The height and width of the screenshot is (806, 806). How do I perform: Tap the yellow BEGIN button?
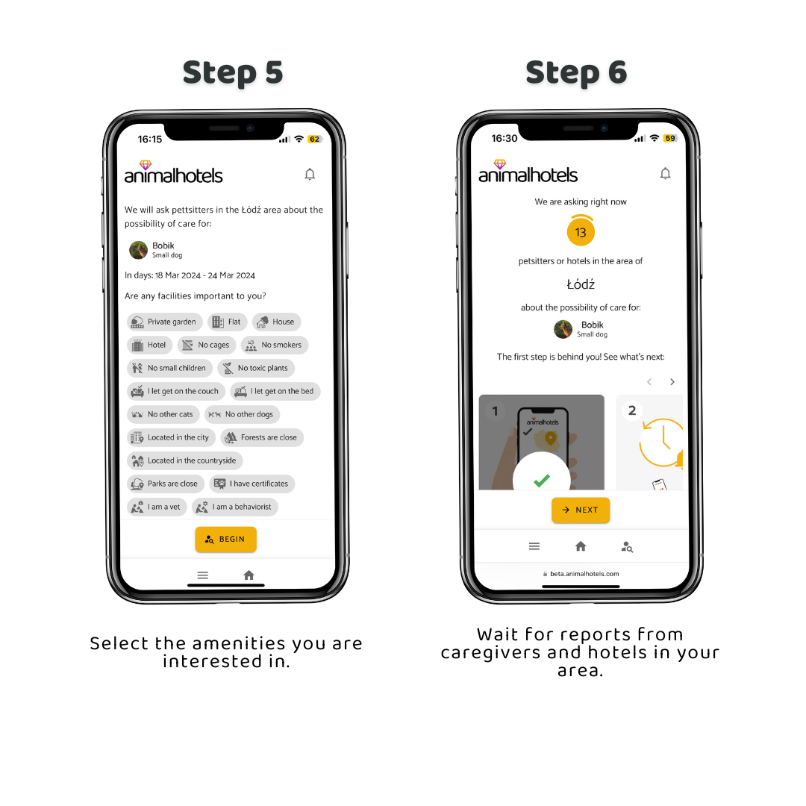(225, 540)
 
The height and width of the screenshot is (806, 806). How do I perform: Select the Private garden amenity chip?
(164, 322)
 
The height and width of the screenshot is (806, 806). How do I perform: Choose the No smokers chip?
(275, 345)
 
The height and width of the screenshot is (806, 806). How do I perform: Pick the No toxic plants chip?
(256, 368)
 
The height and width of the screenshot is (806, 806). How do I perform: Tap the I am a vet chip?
(157, 507)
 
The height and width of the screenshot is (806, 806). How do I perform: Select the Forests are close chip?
(262, 437)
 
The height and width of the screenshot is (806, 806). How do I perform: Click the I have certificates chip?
(252, 484)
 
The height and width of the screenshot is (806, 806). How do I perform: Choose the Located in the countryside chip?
(184, 460)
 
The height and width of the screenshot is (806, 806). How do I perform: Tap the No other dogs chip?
(242, 414)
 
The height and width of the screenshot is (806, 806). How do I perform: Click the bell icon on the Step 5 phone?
(310, 174)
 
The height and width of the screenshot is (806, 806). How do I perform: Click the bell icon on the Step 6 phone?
(665, 174)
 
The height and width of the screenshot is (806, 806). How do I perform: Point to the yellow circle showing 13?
(581, 232)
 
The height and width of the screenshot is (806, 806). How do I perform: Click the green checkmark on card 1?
(542, 481)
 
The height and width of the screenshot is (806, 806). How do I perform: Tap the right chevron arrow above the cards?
(672, 382)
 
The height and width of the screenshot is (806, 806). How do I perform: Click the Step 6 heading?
(576, 72)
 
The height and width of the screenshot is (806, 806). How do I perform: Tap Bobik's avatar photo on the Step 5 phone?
(138, 250)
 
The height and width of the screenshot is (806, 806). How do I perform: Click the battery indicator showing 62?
(314, 140)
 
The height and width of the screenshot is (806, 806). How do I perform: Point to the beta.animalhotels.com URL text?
(584, 574)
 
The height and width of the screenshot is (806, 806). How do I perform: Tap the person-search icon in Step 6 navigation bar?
(627, 547)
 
